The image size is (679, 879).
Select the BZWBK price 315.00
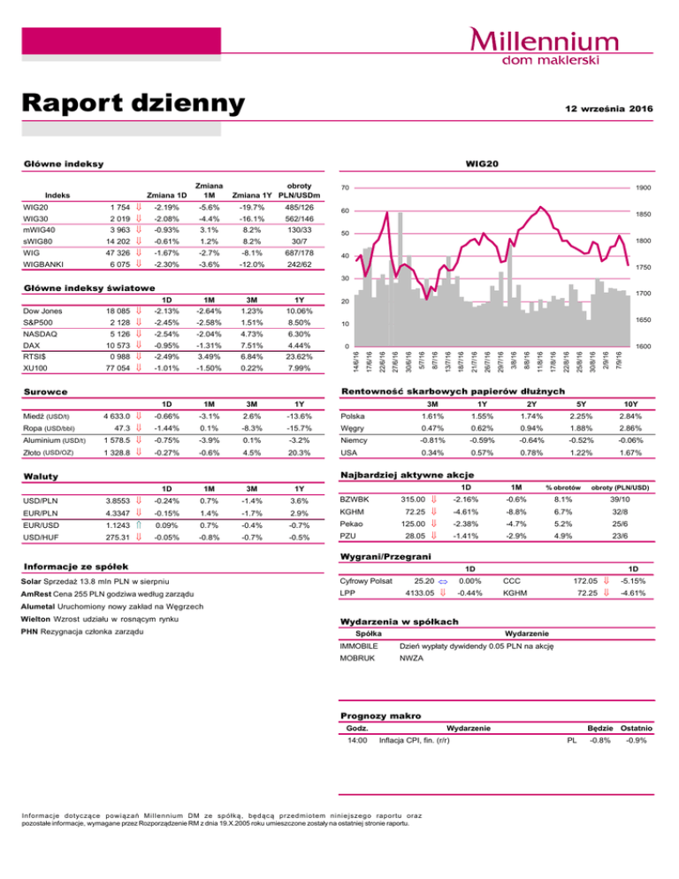[419, 501]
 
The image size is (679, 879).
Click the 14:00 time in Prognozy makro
[356, 740]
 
